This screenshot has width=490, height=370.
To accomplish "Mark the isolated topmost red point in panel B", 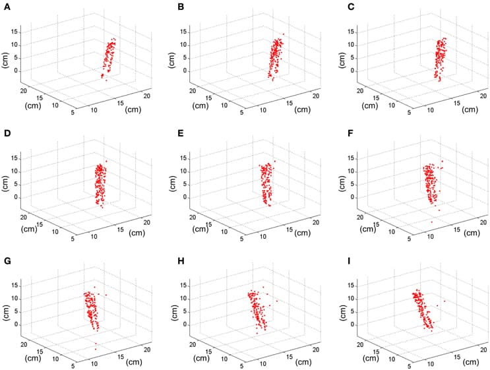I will coord(284,34).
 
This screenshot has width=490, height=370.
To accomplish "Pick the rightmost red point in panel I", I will coord(444,301).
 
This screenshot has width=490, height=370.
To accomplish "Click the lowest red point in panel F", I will coord(432,222).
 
